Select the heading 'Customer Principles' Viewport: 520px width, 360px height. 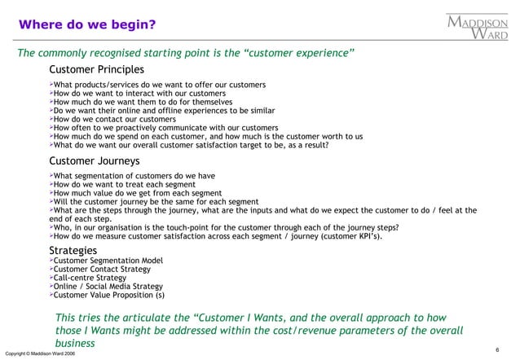[96, 69]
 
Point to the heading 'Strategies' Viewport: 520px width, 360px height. [73, 249]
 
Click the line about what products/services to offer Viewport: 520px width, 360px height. [159, 84]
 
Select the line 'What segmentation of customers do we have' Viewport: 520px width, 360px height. [135, 174]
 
